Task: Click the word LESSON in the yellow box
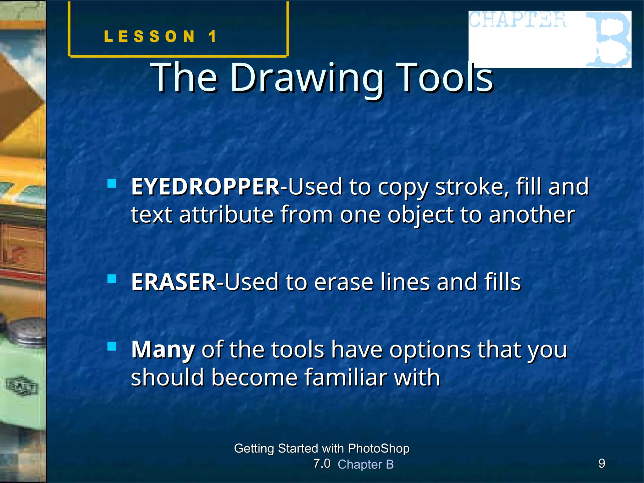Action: pos(150,36)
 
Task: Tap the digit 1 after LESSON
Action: pos(213,36)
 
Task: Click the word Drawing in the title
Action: pos(307,78)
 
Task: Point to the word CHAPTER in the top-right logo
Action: pos(518,20)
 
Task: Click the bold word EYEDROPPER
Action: pos(205,187)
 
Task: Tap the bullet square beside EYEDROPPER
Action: pos(112,183)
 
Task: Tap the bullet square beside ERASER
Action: pos(112,279)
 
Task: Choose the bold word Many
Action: pos(163,350)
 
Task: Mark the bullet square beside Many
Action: pos(112,346)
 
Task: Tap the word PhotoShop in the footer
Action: pos(379,448)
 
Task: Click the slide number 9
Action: pos(602,464)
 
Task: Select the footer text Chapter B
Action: pos(366,464)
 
